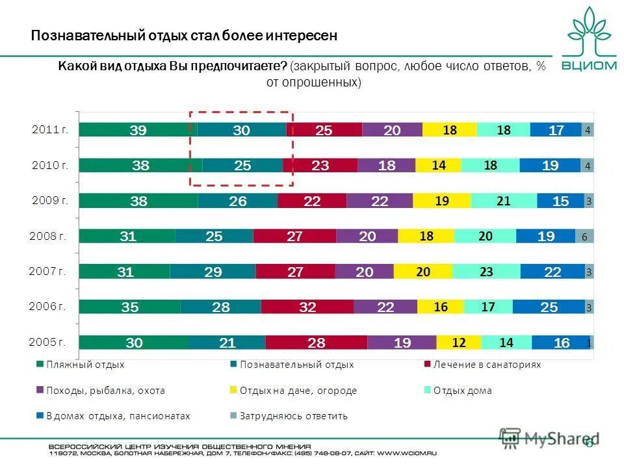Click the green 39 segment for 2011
[x=138, y=130]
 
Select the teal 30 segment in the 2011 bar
[x=241, y=130]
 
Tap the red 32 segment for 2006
[x=307, y=307]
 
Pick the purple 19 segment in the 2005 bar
[x=402, y=343]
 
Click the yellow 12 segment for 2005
[x=459, y=343]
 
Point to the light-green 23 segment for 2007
[x=486, y=272]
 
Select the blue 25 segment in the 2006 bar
[x=549, y=307]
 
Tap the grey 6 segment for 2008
[x=584, y=237]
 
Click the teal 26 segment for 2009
[x=238, y=201]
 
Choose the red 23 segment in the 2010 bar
[x=320, y=166]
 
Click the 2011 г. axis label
[x=50, y=130]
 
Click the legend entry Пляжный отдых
[x=84, y=365]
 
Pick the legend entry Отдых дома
[x=462, y=391]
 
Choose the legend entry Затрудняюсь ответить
[x=293, y=416]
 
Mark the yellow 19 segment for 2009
[x=442, y=201]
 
